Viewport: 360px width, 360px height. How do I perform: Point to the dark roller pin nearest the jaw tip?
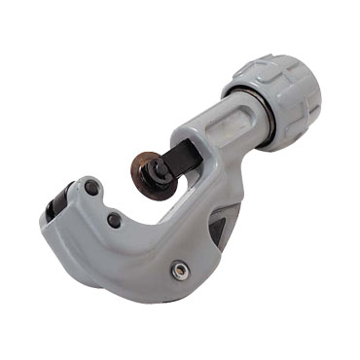90,187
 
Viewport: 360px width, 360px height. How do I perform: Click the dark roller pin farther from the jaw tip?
114,221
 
